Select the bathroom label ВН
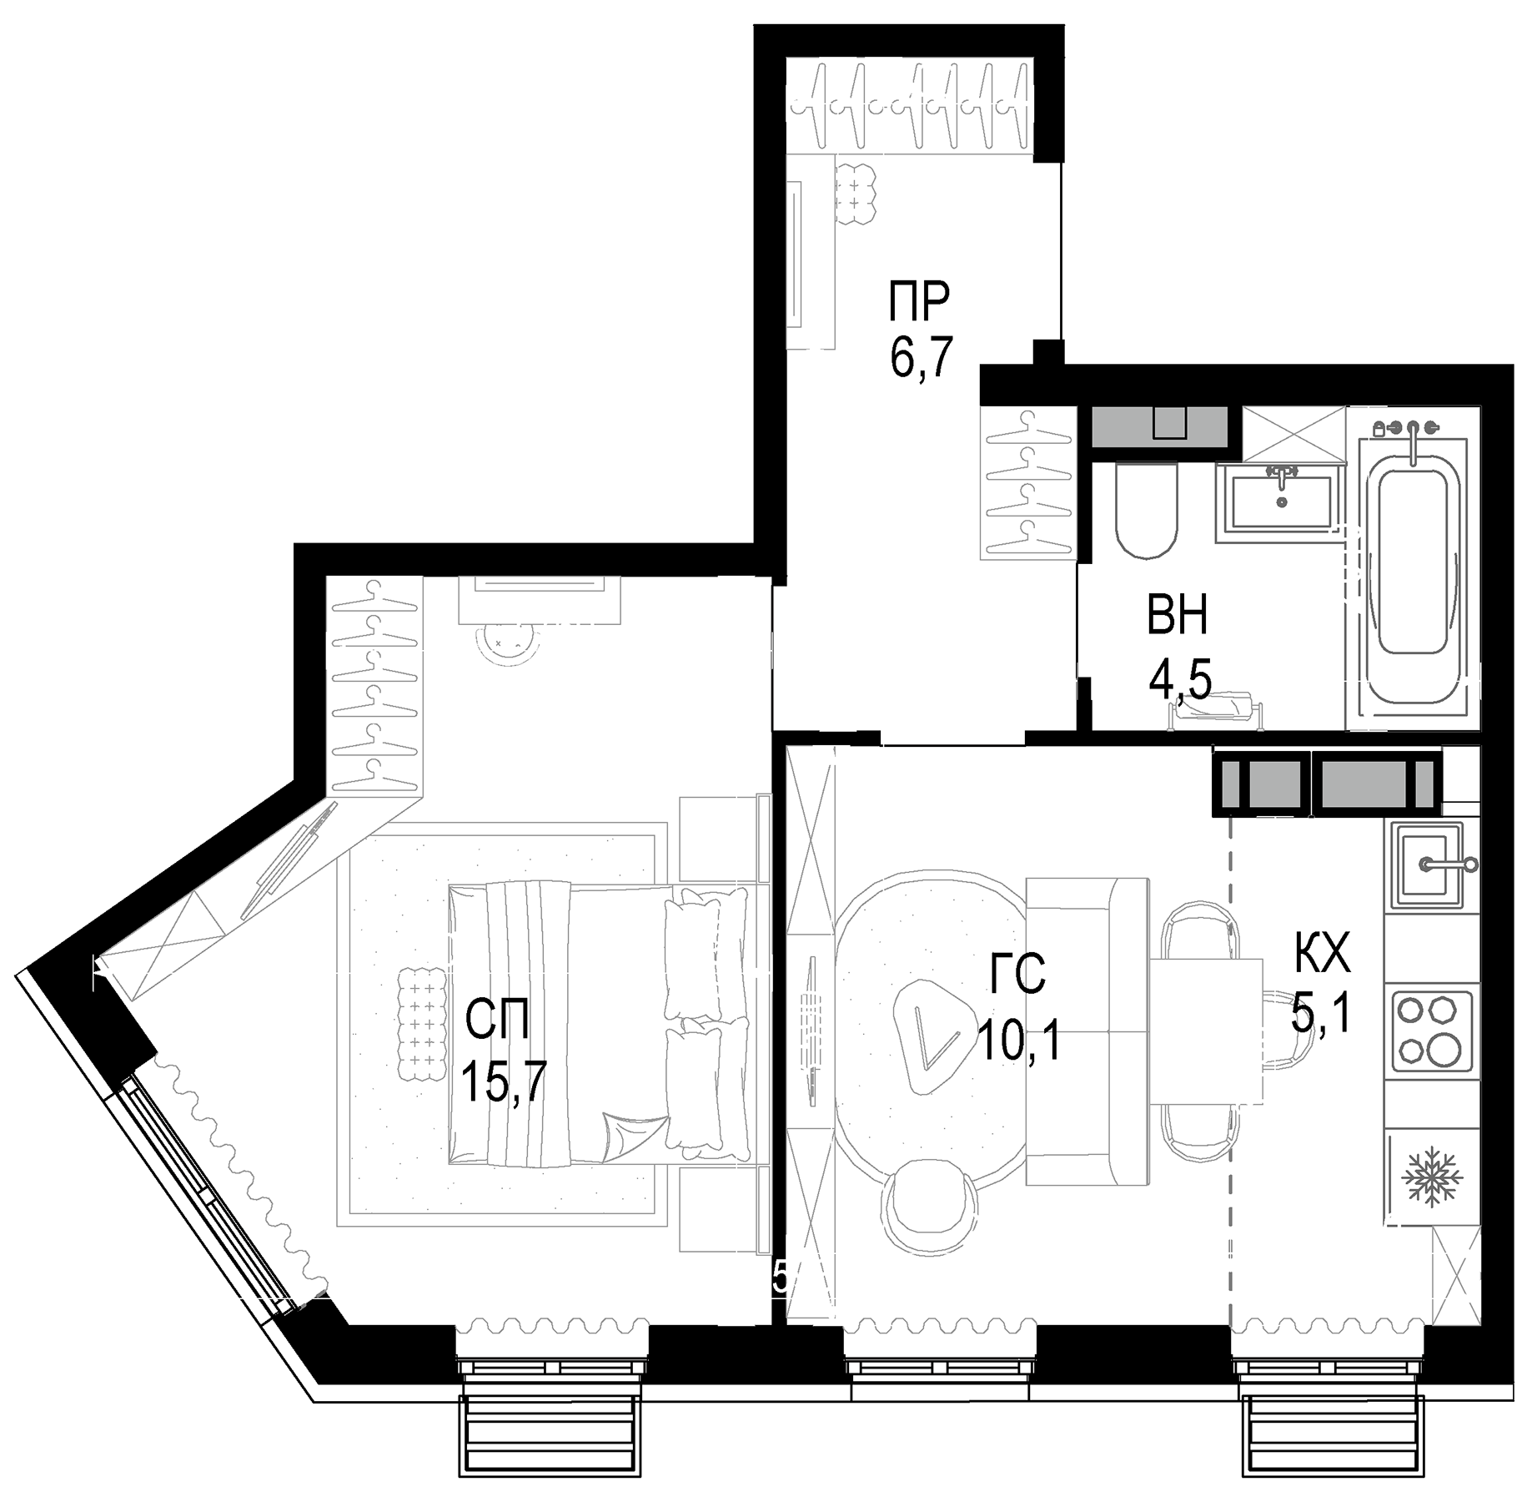coord(1177,618)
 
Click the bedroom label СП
coord(497,1022)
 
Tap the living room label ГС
coord(1017,975)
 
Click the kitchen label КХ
coord(1323,954)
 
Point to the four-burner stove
coord(1428,1030)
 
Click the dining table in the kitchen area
coord(1207,1030)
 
